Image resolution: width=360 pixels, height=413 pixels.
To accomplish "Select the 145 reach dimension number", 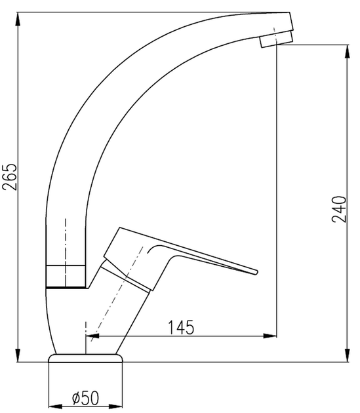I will pos(181,326).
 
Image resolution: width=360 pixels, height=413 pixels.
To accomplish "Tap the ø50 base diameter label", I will pos(85,397).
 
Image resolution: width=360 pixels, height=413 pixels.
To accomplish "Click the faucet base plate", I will pos(86,358).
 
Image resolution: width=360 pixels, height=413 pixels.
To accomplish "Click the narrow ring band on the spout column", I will pos(66,276).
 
